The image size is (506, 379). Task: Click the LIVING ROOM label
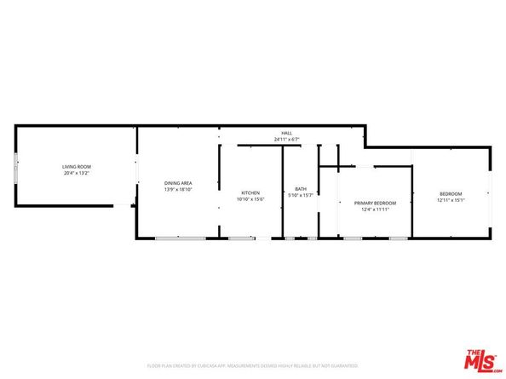pos(77,166)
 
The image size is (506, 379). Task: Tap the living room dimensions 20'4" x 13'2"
pos(77,173)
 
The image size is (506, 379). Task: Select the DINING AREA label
pos(178,183)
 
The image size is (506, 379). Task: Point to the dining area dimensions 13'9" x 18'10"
pos(178,190)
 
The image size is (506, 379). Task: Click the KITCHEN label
pos(250,192)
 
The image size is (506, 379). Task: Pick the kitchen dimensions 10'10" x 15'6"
pos(250,199)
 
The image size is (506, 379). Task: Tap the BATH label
pos(301,189)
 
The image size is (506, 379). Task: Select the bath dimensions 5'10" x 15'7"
pos(301,195)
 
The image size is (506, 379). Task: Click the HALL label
pos(287,133)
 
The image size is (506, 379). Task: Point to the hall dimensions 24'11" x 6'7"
pos(287,139)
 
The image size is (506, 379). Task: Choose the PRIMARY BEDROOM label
pos(375,203)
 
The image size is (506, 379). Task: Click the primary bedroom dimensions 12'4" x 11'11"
pos(375,209)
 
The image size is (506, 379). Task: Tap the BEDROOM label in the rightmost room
pos(451,194)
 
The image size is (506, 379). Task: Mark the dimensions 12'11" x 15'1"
pos(451,200)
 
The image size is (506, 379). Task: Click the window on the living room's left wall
pos(14,166)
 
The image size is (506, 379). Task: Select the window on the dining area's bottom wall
pos(173,238)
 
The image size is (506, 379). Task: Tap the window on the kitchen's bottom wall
pos(241,238)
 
